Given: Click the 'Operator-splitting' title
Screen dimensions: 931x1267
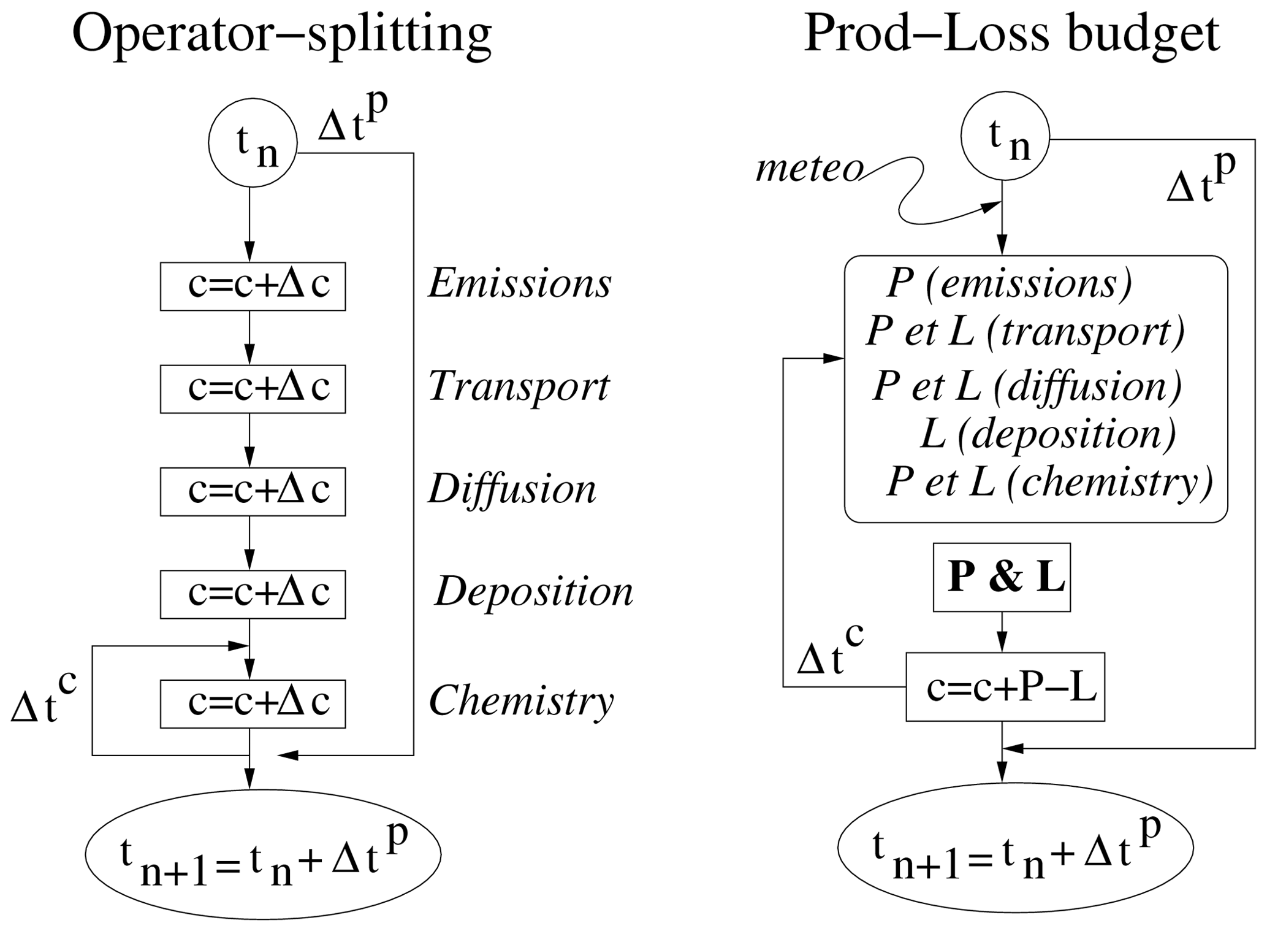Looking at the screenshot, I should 282,35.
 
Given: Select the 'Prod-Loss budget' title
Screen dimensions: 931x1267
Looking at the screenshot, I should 1011,35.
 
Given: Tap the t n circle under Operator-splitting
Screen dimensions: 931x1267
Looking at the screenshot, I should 253,143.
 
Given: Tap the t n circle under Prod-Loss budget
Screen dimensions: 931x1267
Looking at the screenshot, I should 1005,136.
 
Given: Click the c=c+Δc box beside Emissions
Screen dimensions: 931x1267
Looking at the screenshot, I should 253,286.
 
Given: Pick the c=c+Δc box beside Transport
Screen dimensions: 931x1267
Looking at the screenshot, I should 253,389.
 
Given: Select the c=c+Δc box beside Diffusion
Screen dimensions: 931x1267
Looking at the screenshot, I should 253,491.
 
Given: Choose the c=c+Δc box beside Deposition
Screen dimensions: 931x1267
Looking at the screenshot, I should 253,594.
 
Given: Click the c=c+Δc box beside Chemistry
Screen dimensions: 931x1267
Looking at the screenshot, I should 253,703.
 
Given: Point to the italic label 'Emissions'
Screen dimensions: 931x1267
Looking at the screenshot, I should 520,284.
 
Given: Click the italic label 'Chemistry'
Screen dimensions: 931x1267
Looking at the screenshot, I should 521,700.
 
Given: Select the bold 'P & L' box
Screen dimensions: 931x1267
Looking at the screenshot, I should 1002,577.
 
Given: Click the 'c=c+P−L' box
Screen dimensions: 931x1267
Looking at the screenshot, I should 1005,686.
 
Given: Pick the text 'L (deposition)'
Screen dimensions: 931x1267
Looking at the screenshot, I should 1048,434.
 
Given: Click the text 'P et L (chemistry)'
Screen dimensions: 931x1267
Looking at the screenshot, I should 1049,482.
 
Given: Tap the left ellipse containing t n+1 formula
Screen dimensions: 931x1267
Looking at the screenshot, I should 263,854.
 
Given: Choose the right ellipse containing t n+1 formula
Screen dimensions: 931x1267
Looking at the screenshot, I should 1015,847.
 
